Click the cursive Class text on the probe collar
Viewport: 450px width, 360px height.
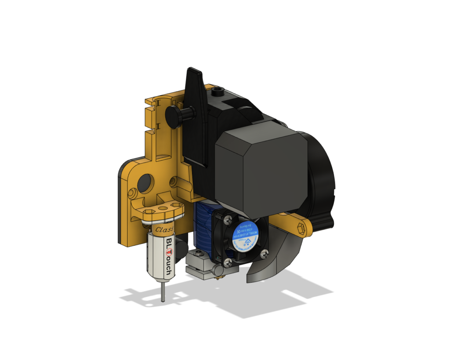coord(164,229)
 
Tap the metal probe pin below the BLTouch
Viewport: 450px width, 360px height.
coord(163,292)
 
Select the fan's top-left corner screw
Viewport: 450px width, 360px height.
coord(218,216)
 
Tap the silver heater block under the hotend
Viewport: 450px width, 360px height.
coord(200,266)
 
